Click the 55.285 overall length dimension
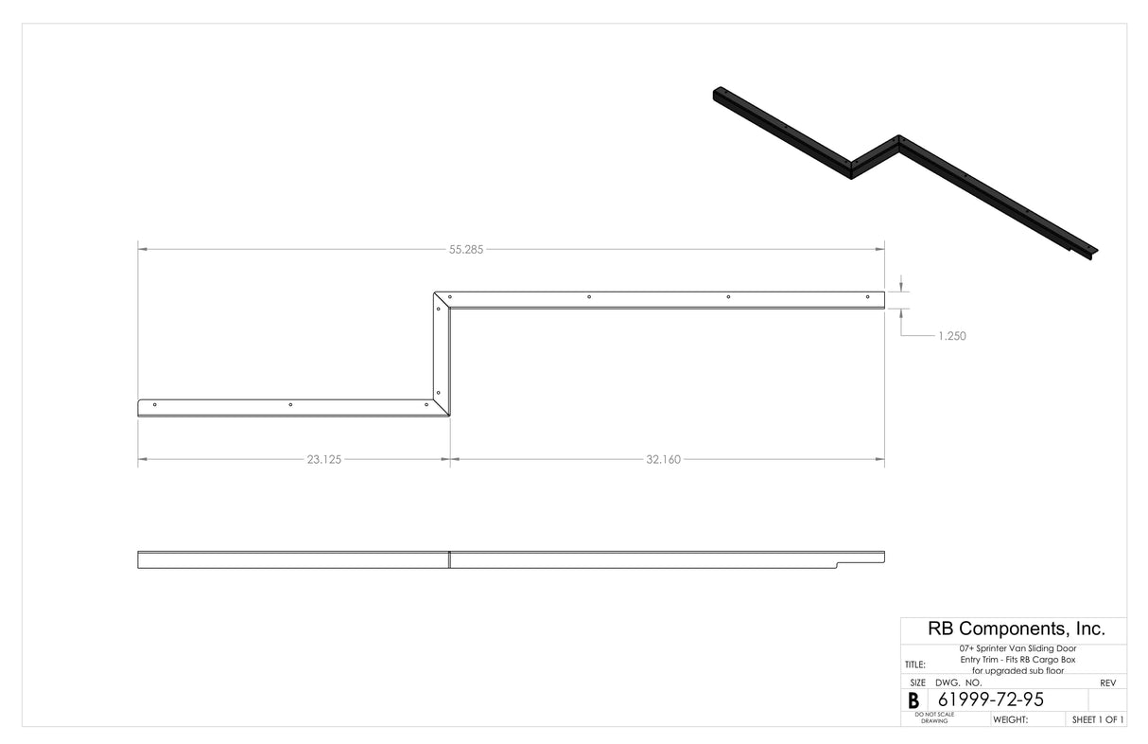coord(467,250)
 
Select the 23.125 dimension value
coord(323,460)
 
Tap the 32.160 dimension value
coord(663,460)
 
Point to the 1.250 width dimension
coord(951,335)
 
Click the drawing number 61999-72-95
coord(990,700)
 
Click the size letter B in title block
coord(913,700)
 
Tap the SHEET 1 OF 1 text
coord(1098,719)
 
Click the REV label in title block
coord(1108,682)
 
